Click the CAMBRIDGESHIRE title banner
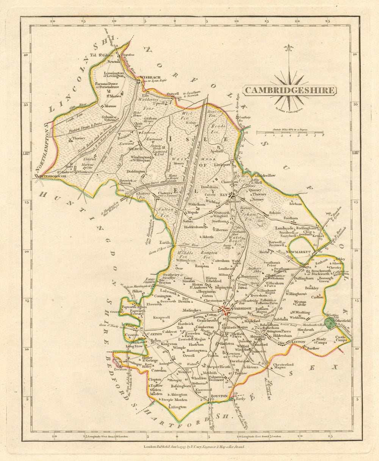point(289,90)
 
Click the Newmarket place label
point(298,252)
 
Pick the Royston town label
point(219,396)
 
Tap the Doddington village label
point(136,171)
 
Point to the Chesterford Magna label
point(283,367)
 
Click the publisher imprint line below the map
point(195,447)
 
